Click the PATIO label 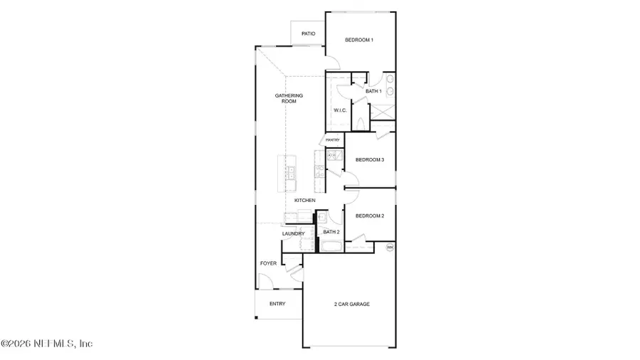pos(308,33)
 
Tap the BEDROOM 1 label pos(359,40)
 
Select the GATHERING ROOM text pos(289,98)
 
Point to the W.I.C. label pos(340,110)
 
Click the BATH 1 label pos(373,91)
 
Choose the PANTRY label pos(333,140)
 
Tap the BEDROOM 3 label pos(370,159)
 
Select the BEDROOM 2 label pos(370,216)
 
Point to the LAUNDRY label pos(293,233)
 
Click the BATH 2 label pos(331,232)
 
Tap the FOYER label pos(268,263)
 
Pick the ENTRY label pos(277,304)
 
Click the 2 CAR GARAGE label pos(352,304)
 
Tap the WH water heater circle pos(390,247)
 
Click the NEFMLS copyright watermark pos(47,344)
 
